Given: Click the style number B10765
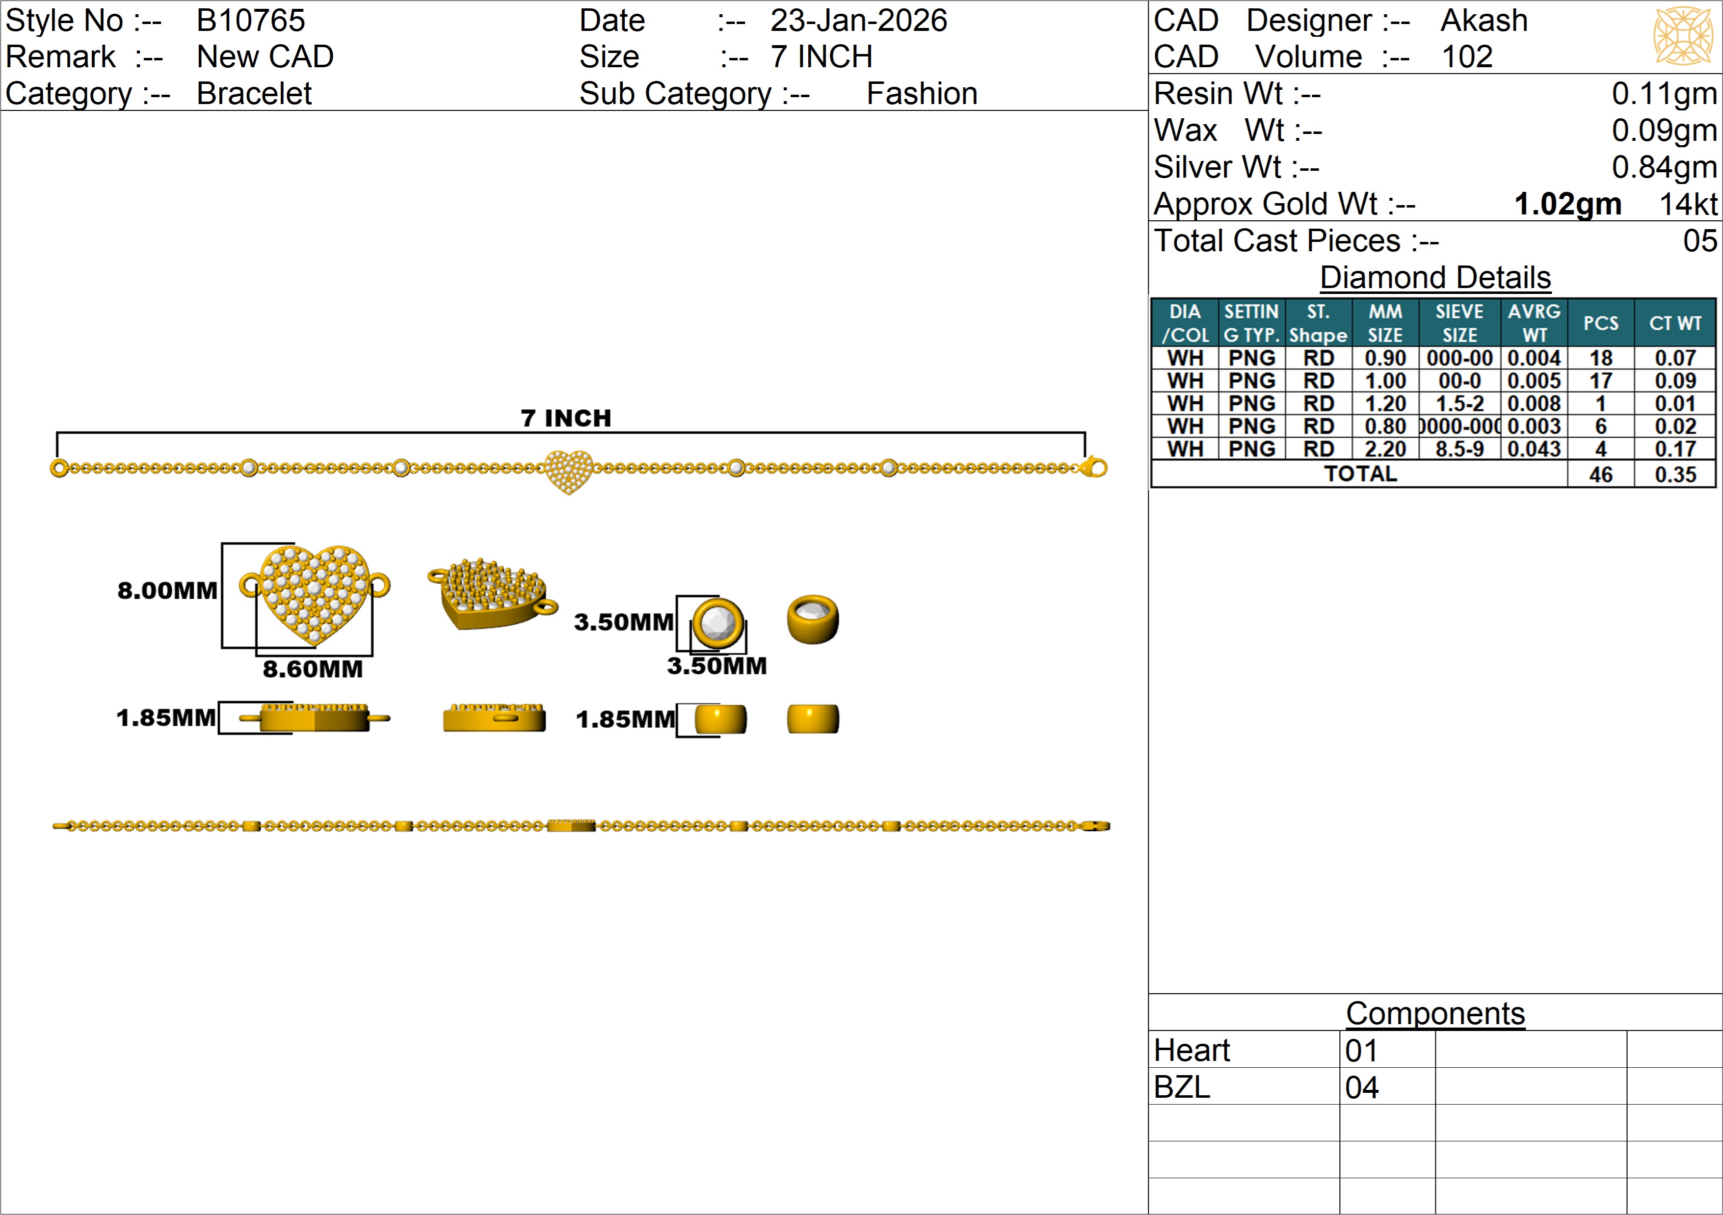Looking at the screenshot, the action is (x=251, y=20).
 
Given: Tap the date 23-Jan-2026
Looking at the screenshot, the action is (x=858, y=20).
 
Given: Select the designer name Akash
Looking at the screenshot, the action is (x=1484, y=20).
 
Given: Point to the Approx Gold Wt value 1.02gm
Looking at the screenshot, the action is (x=1567, y=204).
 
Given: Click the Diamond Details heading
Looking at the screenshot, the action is (x=1435, y=278).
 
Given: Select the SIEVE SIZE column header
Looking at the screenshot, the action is (x=1459, y=323).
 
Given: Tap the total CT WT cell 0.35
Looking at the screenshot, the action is (x=1675, y=475).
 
